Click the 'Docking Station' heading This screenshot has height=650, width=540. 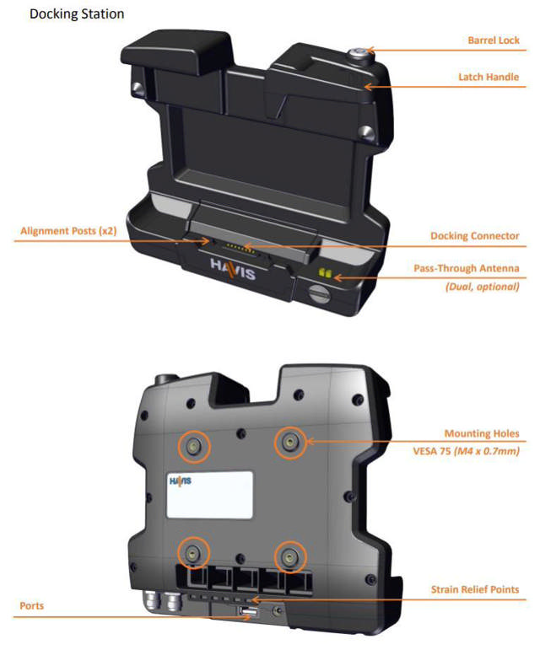[x=77, y=14]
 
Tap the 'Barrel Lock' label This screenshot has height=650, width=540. [x=494, y=40]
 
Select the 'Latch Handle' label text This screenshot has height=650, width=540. [x=489, y=77]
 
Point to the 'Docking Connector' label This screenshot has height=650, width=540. [x=474, y=235]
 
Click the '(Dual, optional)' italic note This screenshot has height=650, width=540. [x=481, y=287]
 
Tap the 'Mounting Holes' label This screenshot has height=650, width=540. [x=482, y=433]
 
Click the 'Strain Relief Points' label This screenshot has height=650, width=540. [x=474, y=588]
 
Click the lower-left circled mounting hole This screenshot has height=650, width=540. [x=193, y=552]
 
